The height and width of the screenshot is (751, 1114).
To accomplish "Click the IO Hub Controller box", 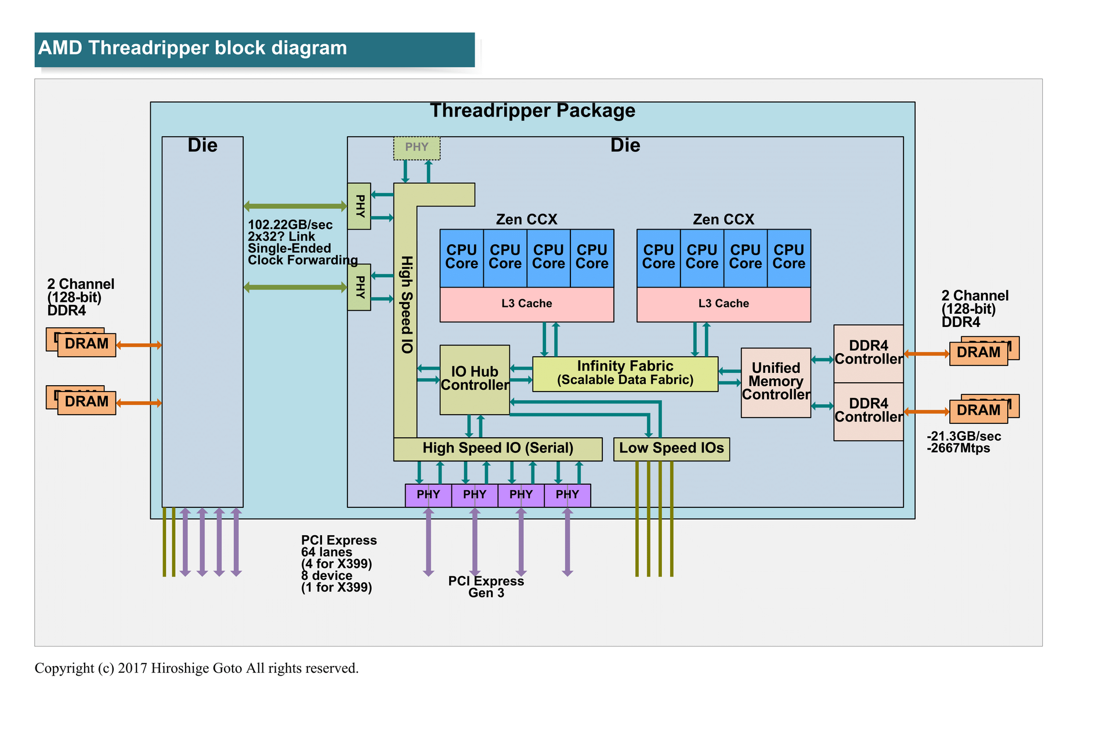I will coord(475,379).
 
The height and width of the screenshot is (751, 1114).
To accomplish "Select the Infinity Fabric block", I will coord(625,373).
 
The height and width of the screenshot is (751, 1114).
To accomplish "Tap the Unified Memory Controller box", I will coord(776,382).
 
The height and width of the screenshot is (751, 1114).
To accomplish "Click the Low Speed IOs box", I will coord(671,448).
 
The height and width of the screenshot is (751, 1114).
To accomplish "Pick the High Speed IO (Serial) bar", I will coord(497,448).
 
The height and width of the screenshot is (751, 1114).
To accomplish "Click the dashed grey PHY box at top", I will coord(417,147).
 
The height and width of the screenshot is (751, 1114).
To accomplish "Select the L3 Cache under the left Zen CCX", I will coord(526,304).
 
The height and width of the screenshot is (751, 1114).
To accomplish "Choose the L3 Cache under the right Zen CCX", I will coord(724,304).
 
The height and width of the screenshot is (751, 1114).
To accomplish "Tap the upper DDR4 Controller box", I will coord(868,353).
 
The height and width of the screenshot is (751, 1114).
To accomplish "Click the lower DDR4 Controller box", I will coord(868,411).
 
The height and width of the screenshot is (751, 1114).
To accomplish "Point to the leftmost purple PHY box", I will coord(428,495).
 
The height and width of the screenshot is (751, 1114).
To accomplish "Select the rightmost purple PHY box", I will coord(567,495).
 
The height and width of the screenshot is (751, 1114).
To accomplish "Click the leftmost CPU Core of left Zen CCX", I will coord(461,257).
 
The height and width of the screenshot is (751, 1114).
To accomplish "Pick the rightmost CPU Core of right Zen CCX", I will coord(789,257).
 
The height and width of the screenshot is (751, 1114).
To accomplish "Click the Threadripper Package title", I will coord(532,111).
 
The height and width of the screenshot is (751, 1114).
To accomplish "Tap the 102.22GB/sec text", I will coord(290,225).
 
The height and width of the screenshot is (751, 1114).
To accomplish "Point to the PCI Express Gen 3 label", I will coord(486,587).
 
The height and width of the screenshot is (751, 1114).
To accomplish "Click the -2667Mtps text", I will coord(959,448).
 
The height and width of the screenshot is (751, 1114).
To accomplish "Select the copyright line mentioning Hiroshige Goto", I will coord(197,668).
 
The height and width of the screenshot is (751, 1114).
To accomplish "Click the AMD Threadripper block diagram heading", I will coord(193,48).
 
